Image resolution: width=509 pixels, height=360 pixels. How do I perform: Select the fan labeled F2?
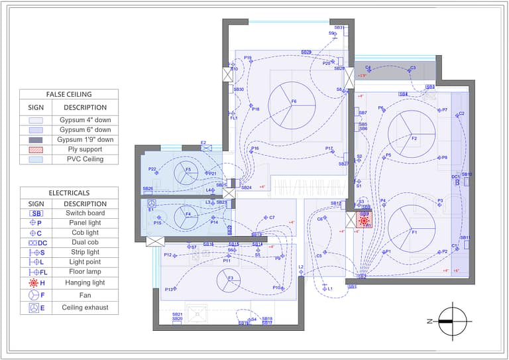[x=411, y=133]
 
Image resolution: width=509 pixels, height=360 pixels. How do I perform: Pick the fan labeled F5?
[x=188, y=174]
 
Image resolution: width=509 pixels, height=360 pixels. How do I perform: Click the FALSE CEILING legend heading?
[x=69, y=94]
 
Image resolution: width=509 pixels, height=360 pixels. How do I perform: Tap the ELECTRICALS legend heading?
[x=69, y=193]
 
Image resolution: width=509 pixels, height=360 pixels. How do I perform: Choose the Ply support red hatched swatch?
[x=36, y=150]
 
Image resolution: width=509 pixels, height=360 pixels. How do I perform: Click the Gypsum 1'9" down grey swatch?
[x=36, y=140]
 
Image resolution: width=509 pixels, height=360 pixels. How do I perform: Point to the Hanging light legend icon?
[x=36, y=283]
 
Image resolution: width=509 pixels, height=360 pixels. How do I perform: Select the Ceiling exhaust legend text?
[x=85, y=308]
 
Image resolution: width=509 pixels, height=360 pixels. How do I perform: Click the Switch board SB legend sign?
[x=36, y=213]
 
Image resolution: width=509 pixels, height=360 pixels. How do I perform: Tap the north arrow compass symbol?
[x=453, y=321]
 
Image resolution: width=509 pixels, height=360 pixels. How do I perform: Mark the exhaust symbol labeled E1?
[x=151, y=205]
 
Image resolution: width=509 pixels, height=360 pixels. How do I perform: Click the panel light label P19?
[x=248, y=58]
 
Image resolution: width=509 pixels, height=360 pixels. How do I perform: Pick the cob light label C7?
[x=272, y=217]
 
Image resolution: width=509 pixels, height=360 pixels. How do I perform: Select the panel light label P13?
[x=169, y=290]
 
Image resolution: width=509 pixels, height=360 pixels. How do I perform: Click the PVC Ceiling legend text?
[x=85, y=159]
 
